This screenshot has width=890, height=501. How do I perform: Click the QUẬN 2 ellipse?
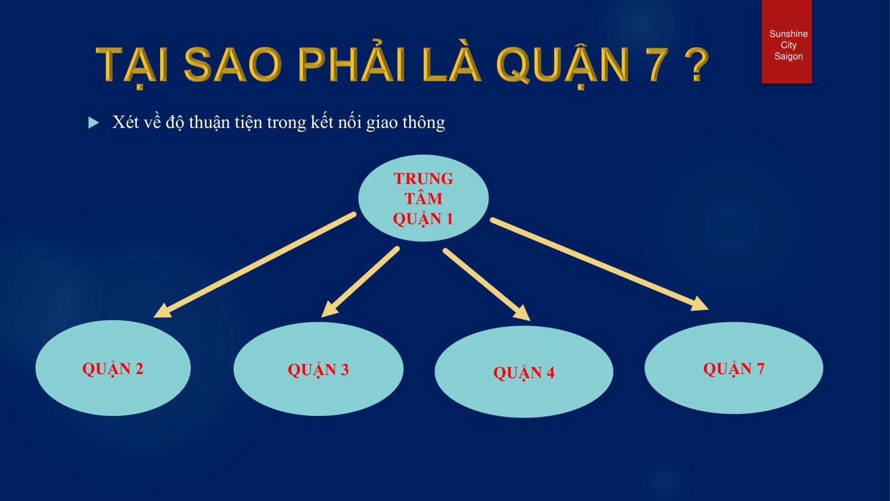(113, 368)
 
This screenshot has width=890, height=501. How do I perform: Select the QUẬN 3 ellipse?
(319, 369)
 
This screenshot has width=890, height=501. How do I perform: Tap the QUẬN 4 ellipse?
(523, 372)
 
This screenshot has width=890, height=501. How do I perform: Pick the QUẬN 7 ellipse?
(734, 368)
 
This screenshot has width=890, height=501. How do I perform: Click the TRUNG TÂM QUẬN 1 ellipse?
(423, 198)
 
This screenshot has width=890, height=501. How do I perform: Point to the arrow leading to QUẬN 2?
(255, 265)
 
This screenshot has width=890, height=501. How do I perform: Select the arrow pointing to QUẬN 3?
(360, 282)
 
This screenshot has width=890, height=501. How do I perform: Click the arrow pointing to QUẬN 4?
(487, 284)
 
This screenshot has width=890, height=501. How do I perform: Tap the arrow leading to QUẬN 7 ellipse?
(600, 264)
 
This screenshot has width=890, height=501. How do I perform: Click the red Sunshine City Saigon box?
(787, 42)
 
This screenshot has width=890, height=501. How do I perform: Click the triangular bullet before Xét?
(93, 122)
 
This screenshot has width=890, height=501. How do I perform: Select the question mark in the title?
(697, 65)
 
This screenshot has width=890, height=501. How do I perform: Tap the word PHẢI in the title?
(352, 63)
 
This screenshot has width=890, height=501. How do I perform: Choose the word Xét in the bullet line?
(126, 122)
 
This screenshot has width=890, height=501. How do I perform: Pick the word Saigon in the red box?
(788, 56)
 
